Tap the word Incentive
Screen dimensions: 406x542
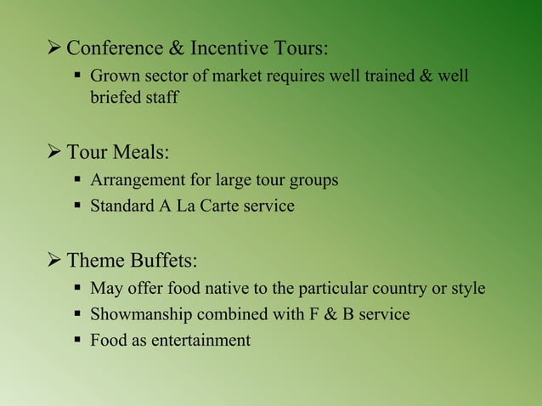pos(224,46)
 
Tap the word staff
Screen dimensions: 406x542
pos(162,98)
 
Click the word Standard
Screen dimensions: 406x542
pos(122,206)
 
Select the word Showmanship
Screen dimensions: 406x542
pos(141,314)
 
